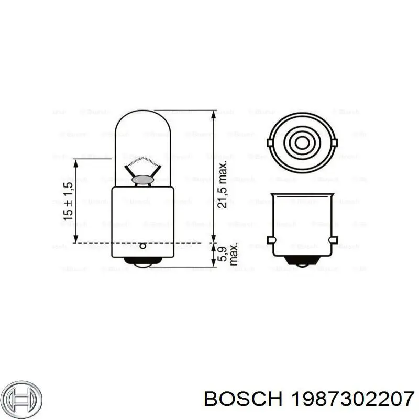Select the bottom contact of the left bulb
(142, 263)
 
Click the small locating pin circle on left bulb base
(142, 246)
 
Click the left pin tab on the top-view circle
(270, 142)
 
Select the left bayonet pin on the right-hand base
(271, 240)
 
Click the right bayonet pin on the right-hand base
(333, 240)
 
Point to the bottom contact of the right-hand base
(302, 263)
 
